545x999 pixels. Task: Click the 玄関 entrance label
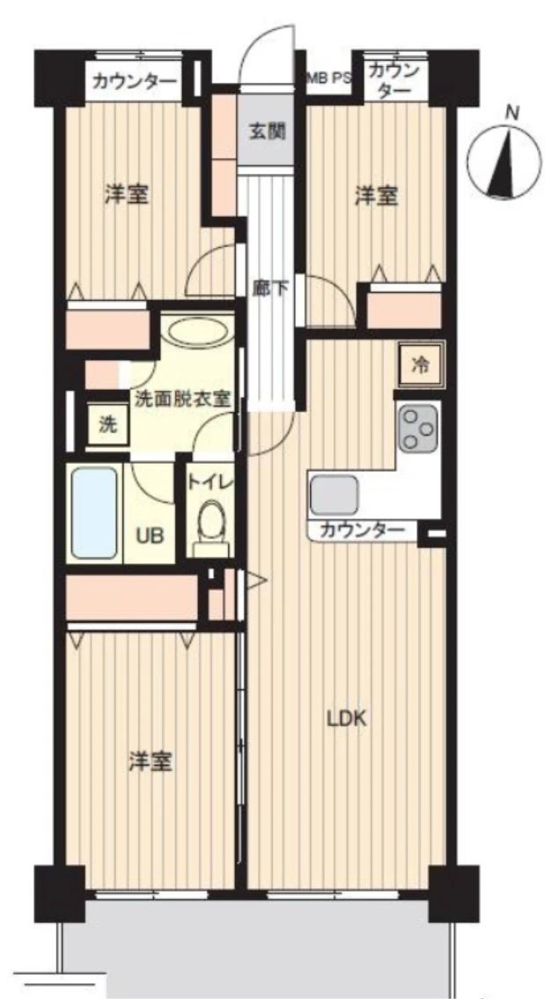coord(267,133)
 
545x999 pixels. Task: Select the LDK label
coord(346,719)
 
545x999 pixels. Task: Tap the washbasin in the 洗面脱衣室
coord(198,332)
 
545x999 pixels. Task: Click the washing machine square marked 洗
coord(108,425)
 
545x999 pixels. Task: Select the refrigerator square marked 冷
coord(419,365)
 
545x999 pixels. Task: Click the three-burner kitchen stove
coord(418,427)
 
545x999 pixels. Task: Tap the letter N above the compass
coord(512,114)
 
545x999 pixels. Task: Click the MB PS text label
coord(329,79)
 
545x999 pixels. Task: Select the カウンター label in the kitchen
coord(362,529)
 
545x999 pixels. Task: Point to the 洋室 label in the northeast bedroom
coord(377,195)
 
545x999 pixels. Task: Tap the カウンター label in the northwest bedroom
coord(134,82)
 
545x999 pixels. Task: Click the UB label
coord(152,536)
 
